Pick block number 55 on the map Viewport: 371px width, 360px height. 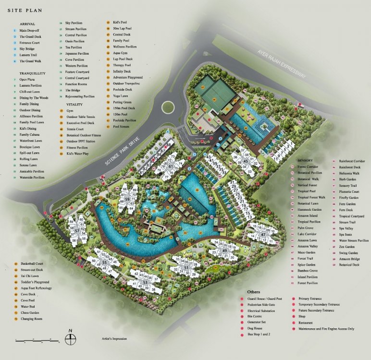pos(104,263)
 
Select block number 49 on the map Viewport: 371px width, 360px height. pos(224,251)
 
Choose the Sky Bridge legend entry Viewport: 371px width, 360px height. pos(29,48)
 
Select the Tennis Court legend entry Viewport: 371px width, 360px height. pos(75,129)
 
